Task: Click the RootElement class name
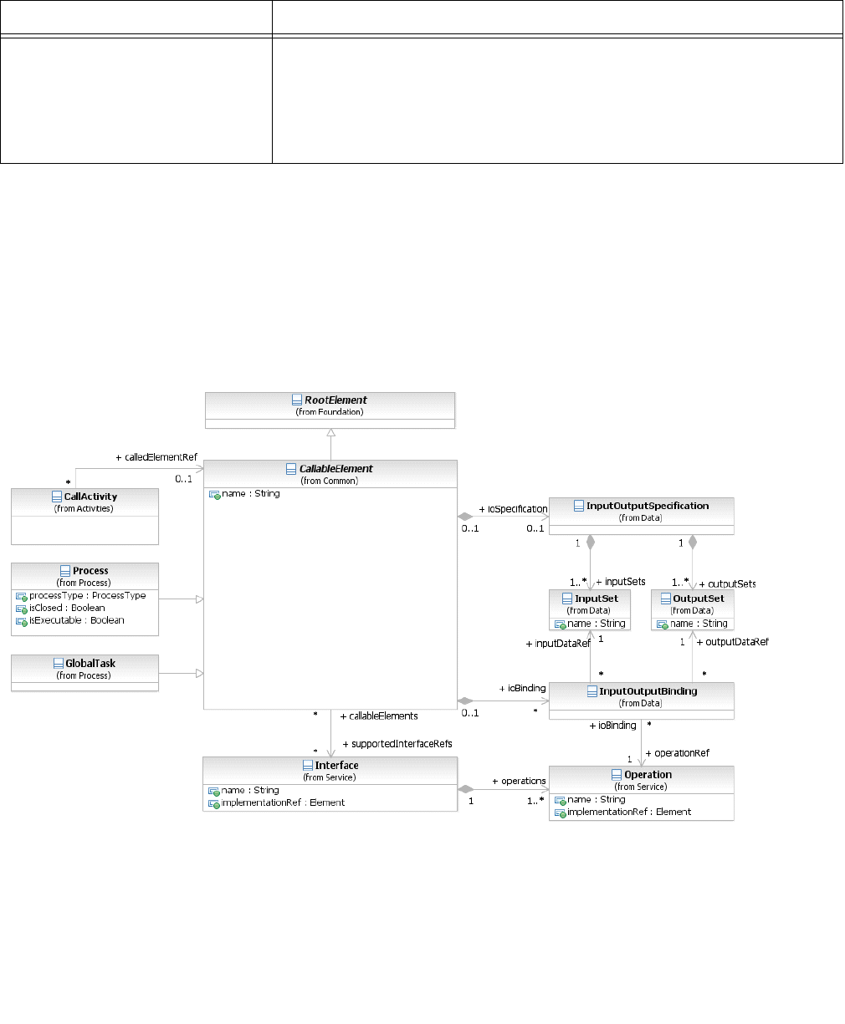(x=335, y=400)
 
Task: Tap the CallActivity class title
(x=90, y=497)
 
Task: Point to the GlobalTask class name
(x=90, y=664)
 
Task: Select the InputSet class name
(x=596, y=599)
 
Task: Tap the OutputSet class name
(x=698, y=599)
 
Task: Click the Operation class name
(x=648, y=775)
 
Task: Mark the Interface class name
(x=336, y=766)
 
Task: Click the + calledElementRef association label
(x=156, y=457)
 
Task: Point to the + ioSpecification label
(x=513, y=509)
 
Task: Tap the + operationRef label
(x=677, y=753)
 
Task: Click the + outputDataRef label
(x=732, y=642)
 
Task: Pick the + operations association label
(x=519, y=781)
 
